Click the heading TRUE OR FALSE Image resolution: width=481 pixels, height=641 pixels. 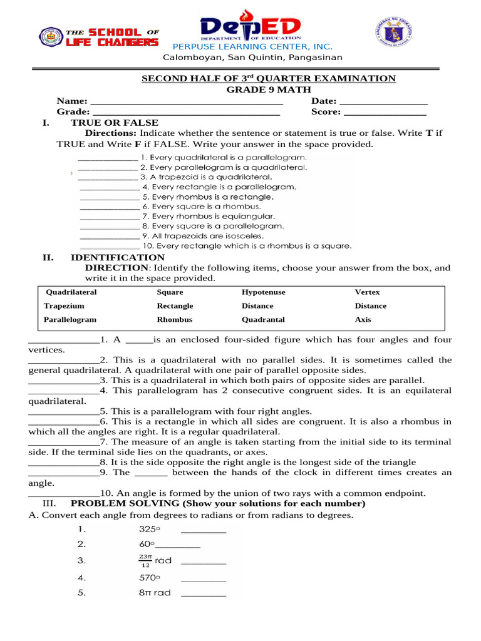pyautogui.click(x=115, y=123)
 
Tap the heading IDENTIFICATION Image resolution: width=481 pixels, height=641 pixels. pyautogui.click(x=118, y=257)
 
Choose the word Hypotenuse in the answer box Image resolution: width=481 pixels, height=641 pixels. pyautogui.click(x=263, y=292)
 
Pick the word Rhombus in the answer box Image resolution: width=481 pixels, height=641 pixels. pyautogui.click(x=175, y=319)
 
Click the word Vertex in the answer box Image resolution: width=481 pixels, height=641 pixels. pyautogui.click(x=367, y=292)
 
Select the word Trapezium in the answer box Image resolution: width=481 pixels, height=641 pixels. pyautogui.click(x=64, y=306)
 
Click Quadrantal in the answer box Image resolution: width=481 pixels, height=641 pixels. pyautogui.click(x=263, y=319)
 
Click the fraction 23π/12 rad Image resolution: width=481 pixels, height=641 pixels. pyautogui.click(x=155, y=560)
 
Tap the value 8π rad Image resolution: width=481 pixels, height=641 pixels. pyautogui.click(x=155, y=592)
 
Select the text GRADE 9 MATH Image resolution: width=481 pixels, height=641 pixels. pyautogui.click(x=267, y=90)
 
